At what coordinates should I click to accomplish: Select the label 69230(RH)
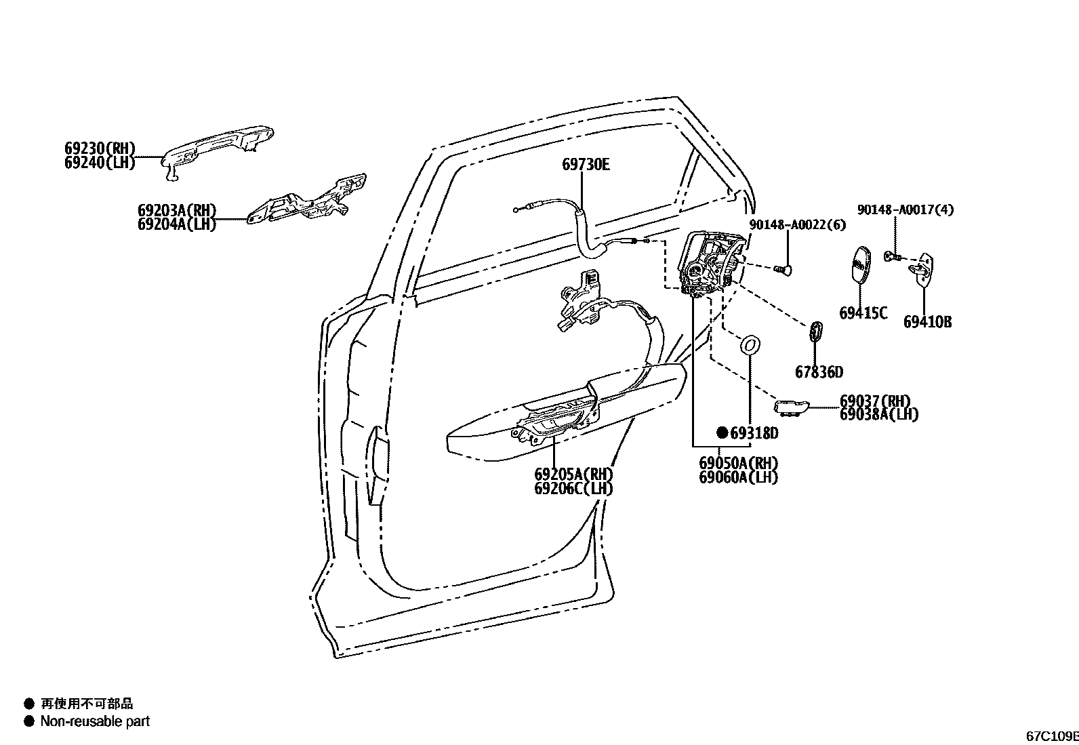point(100,148)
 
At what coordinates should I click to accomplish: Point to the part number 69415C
point(863,313)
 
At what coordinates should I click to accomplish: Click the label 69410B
point(927,322)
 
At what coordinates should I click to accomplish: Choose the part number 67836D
point(819,372)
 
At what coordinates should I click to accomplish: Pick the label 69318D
point(754,432)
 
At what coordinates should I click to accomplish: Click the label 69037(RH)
point(875,401)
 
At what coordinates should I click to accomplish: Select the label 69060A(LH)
point(739,477)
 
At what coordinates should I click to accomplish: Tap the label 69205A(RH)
point(573,474)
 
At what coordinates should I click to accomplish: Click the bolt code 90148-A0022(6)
point(797,225)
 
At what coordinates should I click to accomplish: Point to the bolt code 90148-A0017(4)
point(905,210)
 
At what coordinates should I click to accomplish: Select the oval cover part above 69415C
point(861,264)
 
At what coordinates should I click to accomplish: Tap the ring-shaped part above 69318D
point(750,345)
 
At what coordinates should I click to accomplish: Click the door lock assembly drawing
point(708,264)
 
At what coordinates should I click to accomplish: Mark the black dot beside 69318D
point(722,432)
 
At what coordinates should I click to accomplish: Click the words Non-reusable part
point(95,721)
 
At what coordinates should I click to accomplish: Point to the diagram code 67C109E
point(1051,736)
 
